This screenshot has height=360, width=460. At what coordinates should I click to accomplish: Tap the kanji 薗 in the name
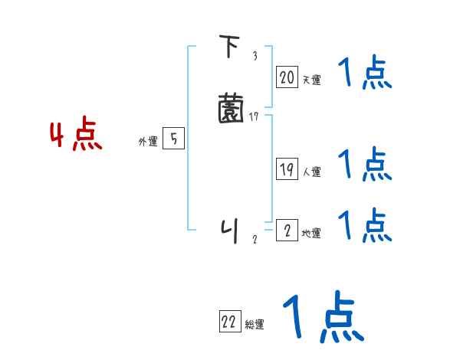pos(231,108)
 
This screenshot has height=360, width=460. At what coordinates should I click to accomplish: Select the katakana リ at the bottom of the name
pos(229,229)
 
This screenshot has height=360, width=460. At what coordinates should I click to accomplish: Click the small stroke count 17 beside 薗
pos(254,116)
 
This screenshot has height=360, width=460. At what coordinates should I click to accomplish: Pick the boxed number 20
pos(287,77)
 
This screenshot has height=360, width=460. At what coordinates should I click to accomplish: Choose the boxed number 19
pos(287,170)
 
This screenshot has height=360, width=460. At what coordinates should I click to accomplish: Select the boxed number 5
pos(174,139)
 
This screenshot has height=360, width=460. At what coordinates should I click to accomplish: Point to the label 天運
pos(311,80)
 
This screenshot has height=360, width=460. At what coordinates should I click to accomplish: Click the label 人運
pos(311,172)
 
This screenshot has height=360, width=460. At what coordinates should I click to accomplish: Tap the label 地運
pos(311,234)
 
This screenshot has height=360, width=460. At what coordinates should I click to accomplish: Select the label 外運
pos(147,142)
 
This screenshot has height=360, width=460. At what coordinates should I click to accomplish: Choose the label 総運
pos(255,325)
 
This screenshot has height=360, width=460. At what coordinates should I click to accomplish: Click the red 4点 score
pos(76,136)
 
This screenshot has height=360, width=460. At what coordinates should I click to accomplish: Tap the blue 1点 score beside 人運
pos(365,164)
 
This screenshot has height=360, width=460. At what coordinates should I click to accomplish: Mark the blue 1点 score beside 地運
pos(365,226)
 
